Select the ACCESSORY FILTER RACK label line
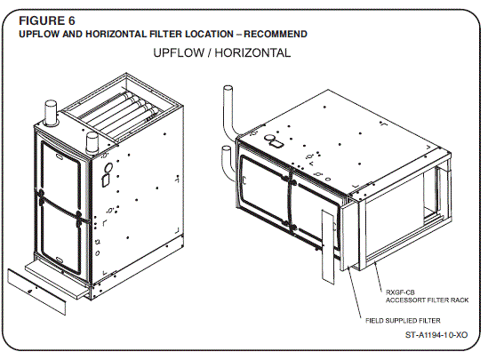pyautogui.click(x=426, y=300)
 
